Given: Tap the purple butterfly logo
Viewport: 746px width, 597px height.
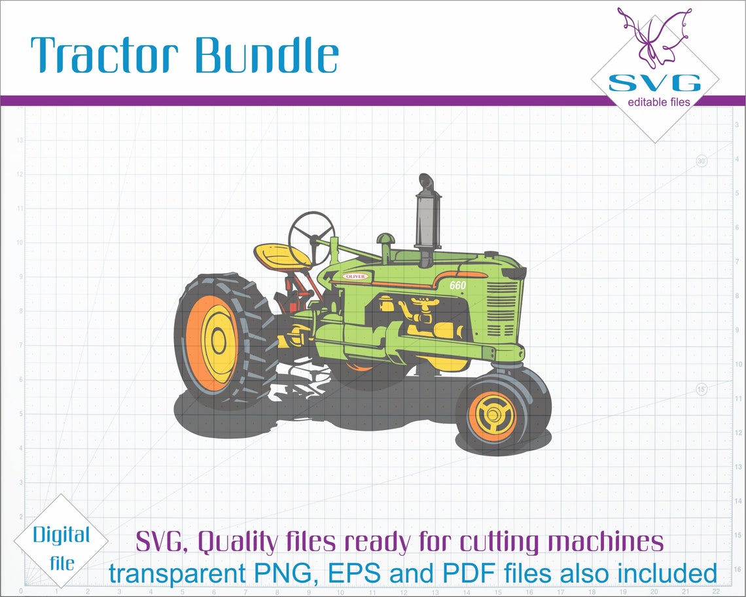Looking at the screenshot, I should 654,36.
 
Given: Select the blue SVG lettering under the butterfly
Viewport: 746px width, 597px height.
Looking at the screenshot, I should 654,83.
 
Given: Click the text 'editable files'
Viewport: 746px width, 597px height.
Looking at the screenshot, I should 658,101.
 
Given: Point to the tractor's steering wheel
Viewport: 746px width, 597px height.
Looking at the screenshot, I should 311,232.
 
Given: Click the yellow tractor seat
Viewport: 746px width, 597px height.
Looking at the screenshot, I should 282,255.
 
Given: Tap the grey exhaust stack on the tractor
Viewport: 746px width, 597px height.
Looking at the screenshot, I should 427,219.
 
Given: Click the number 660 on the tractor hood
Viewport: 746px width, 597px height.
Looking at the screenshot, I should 457,285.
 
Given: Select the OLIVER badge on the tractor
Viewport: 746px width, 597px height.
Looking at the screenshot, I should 355,276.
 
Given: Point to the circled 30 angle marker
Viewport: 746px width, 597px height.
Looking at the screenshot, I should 702,160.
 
